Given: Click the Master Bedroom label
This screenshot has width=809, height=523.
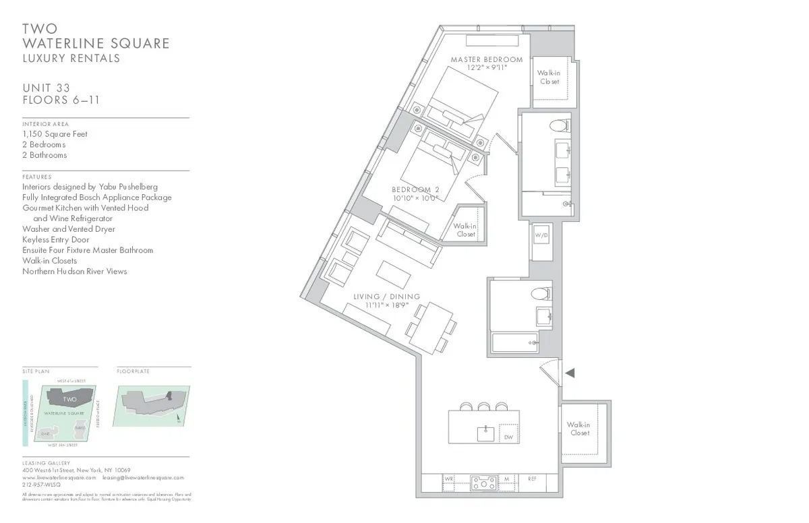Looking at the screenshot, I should (x=486, y=59).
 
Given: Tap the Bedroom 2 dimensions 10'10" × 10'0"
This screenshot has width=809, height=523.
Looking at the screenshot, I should (x=415, y=198).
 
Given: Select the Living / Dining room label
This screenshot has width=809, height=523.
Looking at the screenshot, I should (x=387, y=297).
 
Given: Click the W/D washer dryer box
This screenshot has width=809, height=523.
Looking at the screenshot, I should (x=541, y=235).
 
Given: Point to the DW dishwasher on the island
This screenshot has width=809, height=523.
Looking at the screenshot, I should (x=508, y=437).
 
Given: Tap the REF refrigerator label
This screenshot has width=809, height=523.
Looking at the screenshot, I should (x=532, y=479).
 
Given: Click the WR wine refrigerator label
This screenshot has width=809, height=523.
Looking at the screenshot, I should (x=449, y=479).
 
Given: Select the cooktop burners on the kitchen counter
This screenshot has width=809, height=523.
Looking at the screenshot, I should (x=483, y=483).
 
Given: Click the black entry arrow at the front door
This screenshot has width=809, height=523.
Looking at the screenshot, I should (x=569, y=373).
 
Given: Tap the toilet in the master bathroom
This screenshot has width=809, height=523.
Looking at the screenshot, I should (x=558, y=125).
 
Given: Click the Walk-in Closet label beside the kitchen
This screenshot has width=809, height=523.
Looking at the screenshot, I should (x=578, y=429).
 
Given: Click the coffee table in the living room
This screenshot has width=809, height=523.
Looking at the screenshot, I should (x=392, y=272).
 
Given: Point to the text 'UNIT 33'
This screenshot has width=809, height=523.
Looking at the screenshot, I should (x=51, y=88).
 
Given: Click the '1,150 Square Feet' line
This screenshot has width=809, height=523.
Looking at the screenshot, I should (x=55, y=134).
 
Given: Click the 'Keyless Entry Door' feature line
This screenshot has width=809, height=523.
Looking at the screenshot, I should (x=56, y=239).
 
